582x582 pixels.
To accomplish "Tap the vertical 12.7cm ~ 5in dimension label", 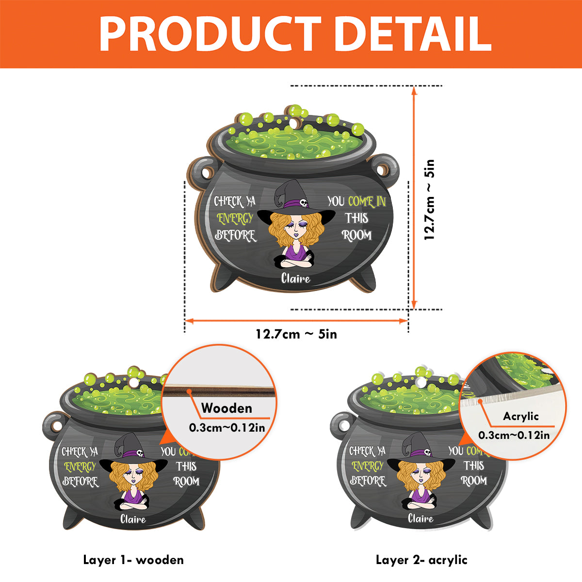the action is (x=429, y=200).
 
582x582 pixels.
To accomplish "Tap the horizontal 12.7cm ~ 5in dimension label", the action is (x=296, y=334).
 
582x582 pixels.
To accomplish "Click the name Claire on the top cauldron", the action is (x=295, y=278).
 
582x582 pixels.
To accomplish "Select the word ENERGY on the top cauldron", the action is (x=235, y=219).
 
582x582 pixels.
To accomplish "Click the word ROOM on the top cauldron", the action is (x=356, y=235).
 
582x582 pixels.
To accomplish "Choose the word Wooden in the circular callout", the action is (x=226, y=408).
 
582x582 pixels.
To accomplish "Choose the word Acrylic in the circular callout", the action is (x=521, y=417).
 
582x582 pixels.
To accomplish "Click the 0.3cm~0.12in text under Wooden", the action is (x=227, y=428).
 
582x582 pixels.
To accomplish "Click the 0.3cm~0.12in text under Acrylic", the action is (x=514, y=435).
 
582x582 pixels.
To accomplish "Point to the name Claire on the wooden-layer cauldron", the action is (x=133, y=519).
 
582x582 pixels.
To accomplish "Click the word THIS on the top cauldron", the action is (x=356, y=218).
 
